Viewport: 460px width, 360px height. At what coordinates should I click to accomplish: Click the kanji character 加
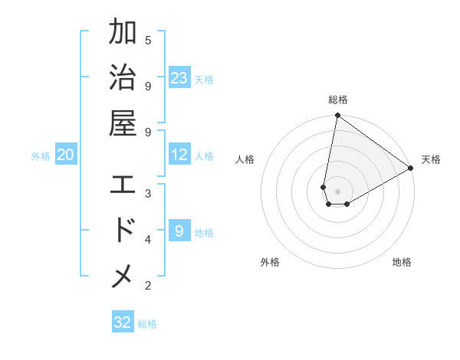123,33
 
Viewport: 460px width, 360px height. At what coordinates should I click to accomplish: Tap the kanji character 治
123,79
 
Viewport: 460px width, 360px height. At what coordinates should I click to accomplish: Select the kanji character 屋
123,124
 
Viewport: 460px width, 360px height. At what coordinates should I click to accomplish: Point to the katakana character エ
123,185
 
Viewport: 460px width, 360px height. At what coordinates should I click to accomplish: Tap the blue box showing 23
179,78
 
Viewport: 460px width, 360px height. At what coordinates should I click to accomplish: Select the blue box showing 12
179,155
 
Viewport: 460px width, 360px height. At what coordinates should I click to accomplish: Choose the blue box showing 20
66,155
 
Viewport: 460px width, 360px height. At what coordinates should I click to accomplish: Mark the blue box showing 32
123,322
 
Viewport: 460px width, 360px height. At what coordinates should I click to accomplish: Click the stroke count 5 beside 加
148,40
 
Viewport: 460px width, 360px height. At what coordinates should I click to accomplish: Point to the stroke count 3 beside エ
148,192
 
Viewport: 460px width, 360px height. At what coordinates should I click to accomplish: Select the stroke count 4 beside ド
148,239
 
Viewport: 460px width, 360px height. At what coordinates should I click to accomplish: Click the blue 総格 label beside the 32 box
147,324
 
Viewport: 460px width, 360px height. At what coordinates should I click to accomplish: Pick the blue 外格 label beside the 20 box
41,156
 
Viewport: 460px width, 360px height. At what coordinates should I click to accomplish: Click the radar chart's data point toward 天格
411,169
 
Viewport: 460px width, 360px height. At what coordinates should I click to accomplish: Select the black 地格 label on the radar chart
402,262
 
